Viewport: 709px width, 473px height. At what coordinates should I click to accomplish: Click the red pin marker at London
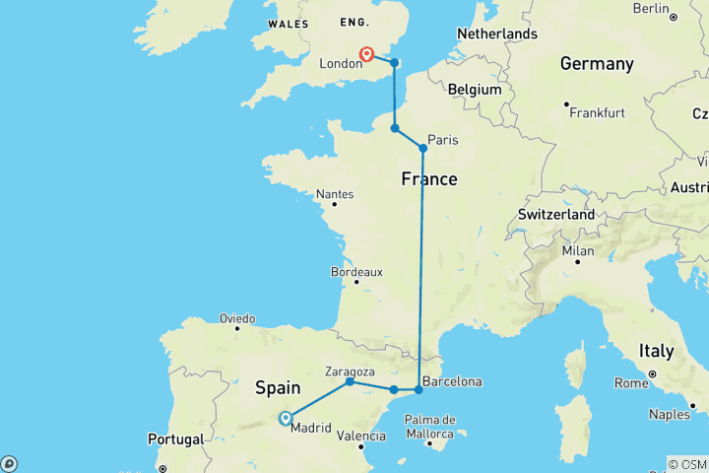[366, 54]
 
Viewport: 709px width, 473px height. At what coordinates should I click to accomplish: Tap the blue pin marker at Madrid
[285, 418]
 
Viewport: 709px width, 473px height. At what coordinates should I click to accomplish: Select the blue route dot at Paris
[423, 149]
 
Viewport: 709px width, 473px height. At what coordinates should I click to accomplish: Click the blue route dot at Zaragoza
[350, 381]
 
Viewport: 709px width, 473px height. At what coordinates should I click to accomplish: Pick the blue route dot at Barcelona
[419, 390]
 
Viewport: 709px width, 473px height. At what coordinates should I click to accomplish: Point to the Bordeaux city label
[355, 271]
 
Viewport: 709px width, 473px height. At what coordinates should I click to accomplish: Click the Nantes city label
[335, 194]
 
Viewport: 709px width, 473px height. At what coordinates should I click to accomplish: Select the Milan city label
[578, 250]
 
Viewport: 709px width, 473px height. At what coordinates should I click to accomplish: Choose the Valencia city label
[360, 435]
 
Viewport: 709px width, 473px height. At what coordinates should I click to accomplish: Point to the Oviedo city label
[237, 318]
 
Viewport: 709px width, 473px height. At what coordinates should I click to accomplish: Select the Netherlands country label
[497, 34]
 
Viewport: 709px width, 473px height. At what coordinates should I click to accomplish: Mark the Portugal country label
[177, 439]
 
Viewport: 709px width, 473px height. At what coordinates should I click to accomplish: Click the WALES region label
[288, 23]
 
